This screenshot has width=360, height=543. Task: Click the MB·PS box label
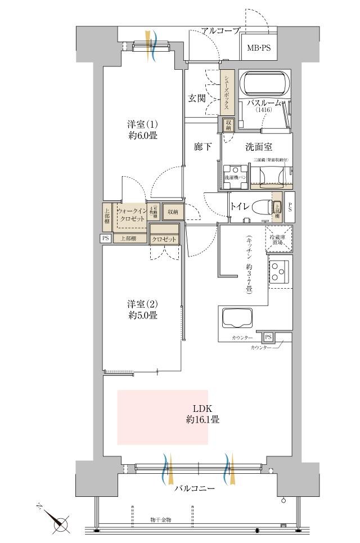259,48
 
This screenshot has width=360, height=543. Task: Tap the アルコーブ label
221,30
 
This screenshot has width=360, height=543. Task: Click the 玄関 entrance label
196,98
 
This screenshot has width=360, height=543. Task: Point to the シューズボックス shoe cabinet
226,93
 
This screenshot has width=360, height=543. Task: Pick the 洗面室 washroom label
259,147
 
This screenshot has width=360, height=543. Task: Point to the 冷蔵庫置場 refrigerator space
280,238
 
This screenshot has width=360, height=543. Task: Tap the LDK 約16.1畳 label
202,414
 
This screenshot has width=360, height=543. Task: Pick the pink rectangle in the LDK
162,417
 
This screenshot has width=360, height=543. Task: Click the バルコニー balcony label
194,489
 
